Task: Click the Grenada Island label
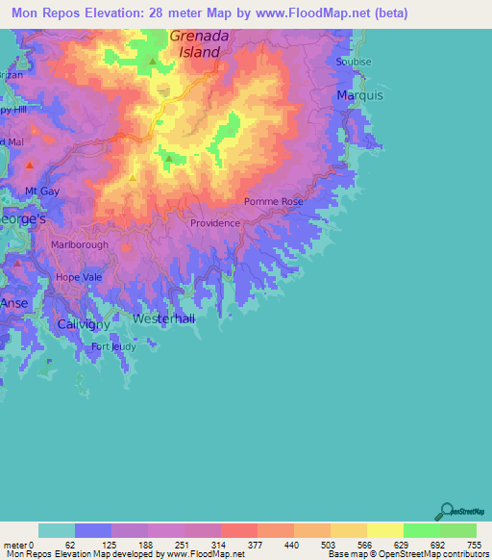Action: click(x=201, y=44)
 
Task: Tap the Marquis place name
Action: click(x=360, y=95)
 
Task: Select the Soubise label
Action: click(x=354, y=62)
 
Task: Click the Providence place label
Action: click(x=215, y=223)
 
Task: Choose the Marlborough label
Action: click(x=80, y=244)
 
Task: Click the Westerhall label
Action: click(x=163, y=318)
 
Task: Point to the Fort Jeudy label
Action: click(x=113, y=346)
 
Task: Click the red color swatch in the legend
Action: click(x=239, y=530)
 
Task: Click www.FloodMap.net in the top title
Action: click(x=319, y=13)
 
